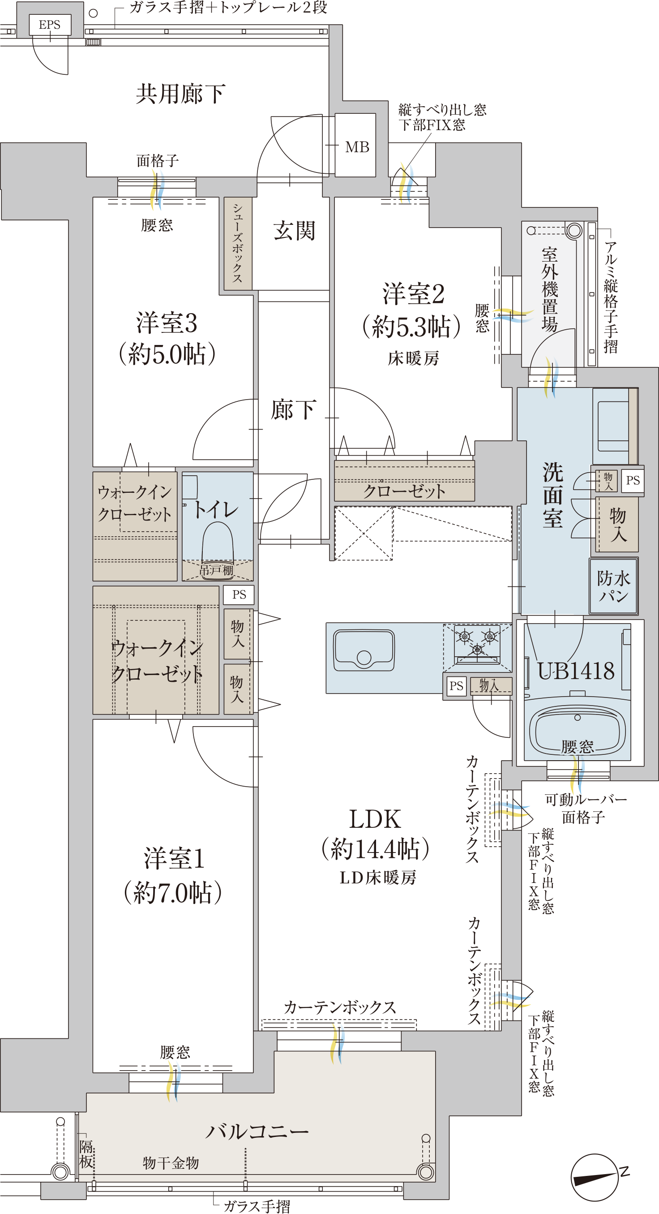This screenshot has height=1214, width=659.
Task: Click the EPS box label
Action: point(49,25)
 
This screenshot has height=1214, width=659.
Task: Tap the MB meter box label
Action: point(357,147)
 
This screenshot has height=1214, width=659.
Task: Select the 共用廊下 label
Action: point(180,94)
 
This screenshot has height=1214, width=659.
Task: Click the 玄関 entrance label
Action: point(294,231)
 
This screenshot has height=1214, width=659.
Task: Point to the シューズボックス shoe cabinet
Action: point(238,243)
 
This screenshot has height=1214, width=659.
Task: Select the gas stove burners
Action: point(477,641)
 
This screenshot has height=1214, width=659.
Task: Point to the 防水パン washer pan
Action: point(613,586)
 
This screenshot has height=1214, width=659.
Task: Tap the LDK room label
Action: point(375,819)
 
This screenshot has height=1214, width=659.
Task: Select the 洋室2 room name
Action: point(413,294)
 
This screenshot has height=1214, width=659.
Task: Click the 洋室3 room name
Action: point(167,323)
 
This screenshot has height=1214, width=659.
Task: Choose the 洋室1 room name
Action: point(174,858)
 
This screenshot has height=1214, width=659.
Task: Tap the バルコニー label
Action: point(257,1131)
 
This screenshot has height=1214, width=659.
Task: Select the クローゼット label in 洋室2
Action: point(404,491)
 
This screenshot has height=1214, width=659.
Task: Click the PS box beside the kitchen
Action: point(456,686)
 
